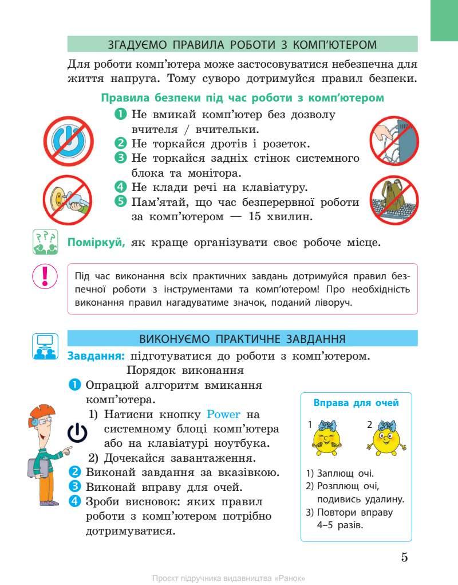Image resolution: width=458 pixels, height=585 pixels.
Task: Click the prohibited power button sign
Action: pyautogui.click(x=68, y=139)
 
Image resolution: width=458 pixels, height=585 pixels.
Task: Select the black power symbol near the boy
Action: pyautogui.click(x=77, y=434)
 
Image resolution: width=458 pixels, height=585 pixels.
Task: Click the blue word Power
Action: pyautogui.click(x=224, y=414)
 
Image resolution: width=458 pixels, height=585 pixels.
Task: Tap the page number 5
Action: pyautogui.click(x=404, y=557)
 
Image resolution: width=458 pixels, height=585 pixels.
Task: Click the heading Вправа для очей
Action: pyautogui.click(x=356, y=403)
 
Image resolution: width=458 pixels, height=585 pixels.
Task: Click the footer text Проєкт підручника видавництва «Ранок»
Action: pyautogui.click(x=229, y=577)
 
